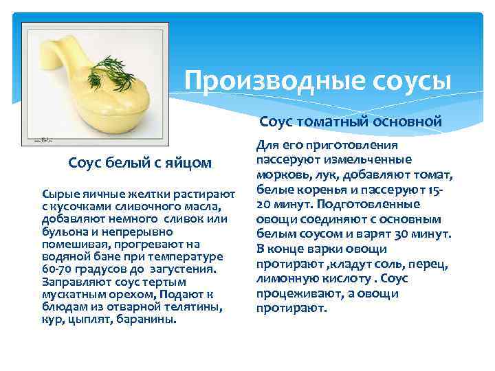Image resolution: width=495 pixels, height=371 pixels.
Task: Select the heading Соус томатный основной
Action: pos(350,122)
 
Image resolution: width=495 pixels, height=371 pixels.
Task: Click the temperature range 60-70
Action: pos(58,269)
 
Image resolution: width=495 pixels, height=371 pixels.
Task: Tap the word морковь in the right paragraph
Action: pos(282,175)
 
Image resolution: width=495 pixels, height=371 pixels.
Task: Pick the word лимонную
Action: pos(287,279)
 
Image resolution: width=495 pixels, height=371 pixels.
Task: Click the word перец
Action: pos(428,265)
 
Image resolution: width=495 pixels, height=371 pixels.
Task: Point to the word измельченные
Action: pos(371,160)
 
